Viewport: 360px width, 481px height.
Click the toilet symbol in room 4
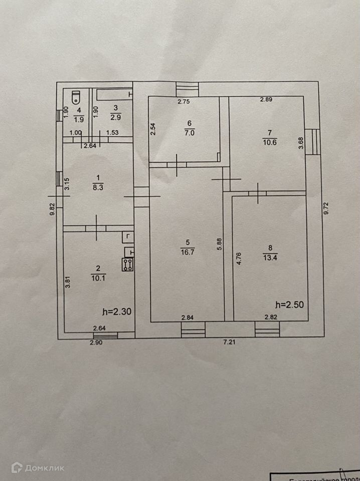[x=76, y=96]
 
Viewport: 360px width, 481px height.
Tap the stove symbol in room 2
[x=127, y=264]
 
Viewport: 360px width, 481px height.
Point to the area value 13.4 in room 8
[x=270, y=257]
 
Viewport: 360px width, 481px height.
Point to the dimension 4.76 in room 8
[x=239, y=261]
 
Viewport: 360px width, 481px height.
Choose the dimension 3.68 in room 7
[x=300, y=144]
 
